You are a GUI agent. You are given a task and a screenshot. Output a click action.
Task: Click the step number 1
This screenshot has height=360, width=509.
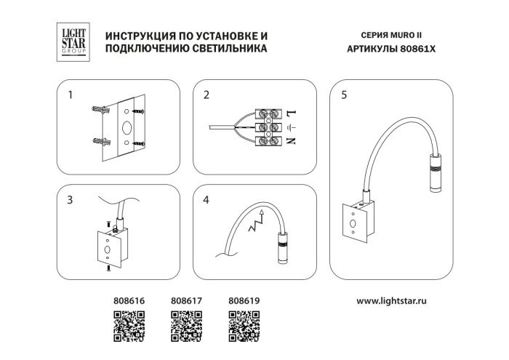click(x=71, y=95)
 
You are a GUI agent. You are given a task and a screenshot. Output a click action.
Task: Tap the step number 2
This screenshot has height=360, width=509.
click(x=207, y=95)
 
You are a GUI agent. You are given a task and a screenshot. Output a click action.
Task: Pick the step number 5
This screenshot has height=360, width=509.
click(x=343, y=95)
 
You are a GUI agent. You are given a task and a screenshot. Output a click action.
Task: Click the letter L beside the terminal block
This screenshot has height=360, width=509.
click(x=289, y=114)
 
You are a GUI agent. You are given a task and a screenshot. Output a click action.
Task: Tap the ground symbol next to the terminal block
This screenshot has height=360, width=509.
click(x=289, y=128)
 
